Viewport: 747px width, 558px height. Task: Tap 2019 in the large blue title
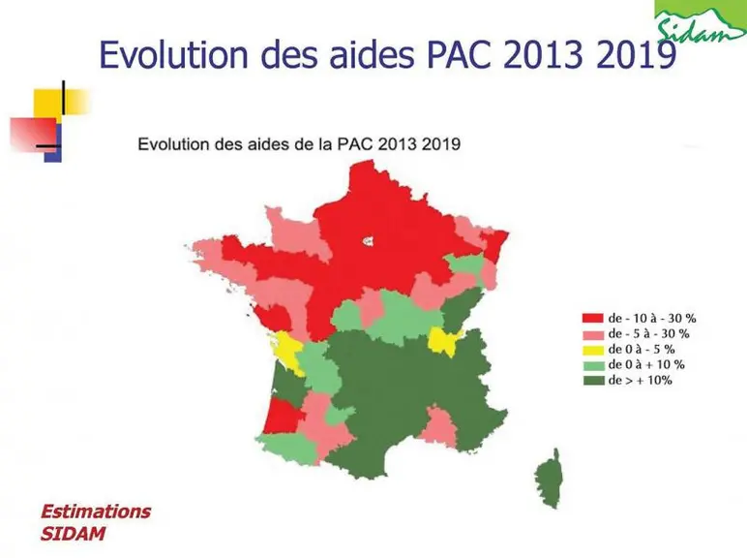tap(636, 54)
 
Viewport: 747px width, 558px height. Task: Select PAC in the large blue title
tap(459, 54)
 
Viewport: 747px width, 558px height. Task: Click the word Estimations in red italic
tap(96, 511)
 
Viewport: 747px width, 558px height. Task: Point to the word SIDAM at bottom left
tap(73, 533)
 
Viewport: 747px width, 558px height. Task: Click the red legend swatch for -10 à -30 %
tap(592, 318)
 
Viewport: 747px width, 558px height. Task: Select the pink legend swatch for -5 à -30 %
tap(592, 334)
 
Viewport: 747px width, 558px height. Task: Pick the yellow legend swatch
tap(592, 350)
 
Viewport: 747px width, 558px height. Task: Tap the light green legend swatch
tap(592, 365)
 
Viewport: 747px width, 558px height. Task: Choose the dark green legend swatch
tap(592, 381)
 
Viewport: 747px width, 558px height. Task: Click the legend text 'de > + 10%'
tap(640, 381)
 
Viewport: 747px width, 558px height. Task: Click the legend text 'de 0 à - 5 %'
tap(642, 350)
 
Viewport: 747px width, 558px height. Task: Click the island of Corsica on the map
tap(549, 480)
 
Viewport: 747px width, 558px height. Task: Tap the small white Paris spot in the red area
tap(368, 241)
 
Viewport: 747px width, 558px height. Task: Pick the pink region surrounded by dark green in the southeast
tap(439, 427)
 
